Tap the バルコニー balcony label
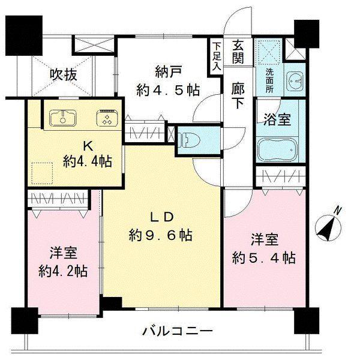click(x=178, y=331)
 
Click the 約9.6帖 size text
click(x=160, y=235)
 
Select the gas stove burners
click(x=107, y=117)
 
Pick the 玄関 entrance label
click(x=238, y=51)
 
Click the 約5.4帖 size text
click(x=264, y=258)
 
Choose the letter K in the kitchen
click(x=88, y=146)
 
